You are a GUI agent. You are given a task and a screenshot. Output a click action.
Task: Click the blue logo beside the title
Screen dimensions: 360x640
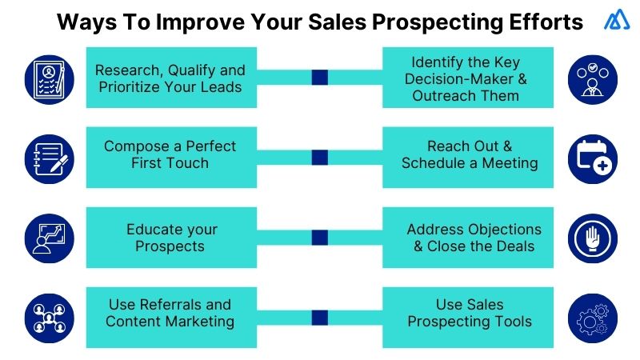[617, 22]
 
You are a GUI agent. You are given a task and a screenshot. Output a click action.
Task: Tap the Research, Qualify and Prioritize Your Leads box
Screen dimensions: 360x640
[170, 78]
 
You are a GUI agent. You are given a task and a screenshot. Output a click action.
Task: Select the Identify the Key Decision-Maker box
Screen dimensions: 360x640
[468, 78]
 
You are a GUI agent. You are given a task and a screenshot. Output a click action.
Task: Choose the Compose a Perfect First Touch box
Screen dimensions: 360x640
[170, 155]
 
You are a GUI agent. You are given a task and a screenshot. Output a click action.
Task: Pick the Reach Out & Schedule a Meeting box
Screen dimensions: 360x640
[468, 155]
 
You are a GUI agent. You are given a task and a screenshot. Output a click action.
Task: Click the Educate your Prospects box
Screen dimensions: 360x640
[170, 238]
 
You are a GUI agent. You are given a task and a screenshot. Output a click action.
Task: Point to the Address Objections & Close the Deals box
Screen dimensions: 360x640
[468, 238]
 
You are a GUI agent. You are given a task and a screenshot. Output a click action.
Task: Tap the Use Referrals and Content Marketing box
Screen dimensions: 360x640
[170, 313]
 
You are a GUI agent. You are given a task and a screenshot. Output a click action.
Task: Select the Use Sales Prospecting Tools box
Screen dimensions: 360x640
[468, 313]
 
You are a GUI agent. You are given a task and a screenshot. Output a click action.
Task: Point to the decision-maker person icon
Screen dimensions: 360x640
[593, 78]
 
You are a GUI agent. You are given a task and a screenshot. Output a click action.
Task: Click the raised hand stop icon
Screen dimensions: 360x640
[593, 238]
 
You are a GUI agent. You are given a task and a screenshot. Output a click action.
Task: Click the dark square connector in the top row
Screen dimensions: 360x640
[319, 78]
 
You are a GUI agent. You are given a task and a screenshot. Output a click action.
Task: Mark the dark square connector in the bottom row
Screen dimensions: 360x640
[319, 318]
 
